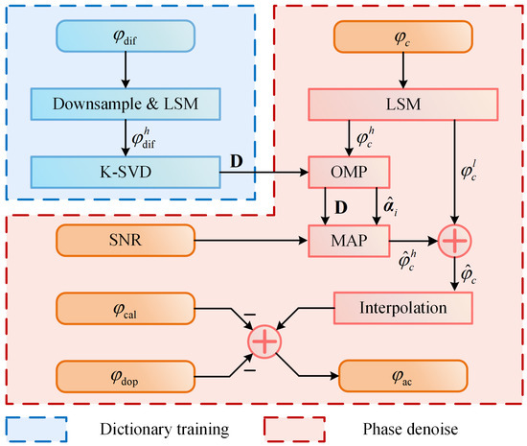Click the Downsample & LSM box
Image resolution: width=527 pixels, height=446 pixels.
[x=126, y=104]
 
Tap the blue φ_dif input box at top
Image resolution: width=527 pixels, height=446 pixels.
[x=126, y=35]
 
